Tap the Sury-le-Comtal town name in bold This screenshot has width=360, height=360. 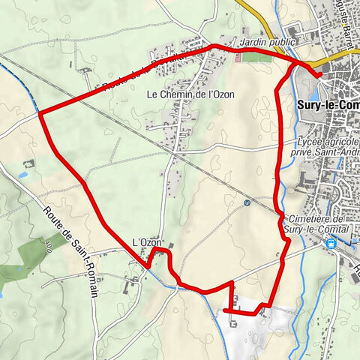(x=328, y=105)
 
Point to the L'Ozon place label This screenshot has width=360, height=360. (x=147, y=242)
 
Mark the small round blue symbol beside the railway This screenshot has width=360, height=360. (x=247, y=202)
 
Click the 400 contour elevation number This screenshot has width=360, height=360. (x=48, y=244)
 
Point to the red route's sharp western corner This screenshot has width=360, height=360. (x=39, y=114)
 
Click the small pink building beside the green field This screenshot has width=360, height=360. (x=239, y=57)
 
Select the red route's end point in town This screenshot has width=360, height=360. (x=318, y=73)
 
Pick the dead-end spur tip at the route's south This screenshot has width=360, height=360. (x=226, y=309)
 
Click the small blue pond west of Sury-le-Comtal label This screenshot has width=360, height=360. (x=22, y=175)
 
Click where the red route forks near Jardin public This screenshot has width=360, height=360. (x=293, y=63)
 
